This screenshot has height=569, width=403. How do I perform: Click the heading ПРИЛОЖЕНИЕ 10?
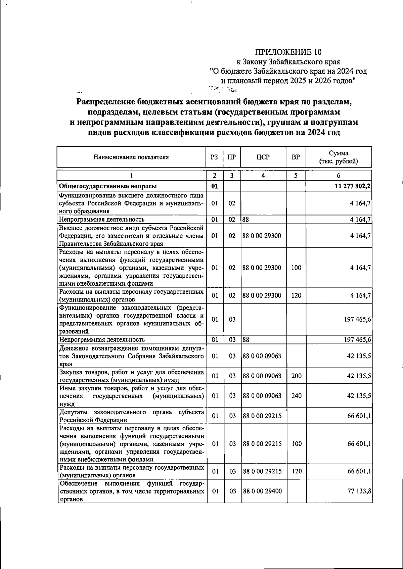(x=288, y=52)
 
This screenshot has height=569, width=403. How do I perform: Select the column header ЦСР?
(x=263, y=157)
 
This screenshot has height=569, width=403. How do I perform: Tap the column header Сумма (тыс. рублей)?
(x=338, y=157)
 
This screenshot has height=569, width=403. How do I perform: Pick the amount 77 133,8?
(x=359, y=491)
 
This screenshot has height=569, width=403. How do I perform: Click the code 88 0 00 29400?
(x=262, y=491)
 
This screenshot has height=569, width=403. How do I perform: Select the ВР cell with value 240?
(x=296, y=396)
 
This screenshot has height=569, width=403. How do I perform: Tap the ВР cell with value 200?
(x=296, y=376)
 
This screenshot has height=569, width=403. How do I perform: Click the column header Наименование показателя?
(x=131, y=157)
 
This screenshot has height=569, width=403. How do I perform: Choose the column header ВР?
(x=296, y=157)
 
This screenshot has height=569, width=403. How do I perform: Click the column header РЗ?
(x=214, y=157)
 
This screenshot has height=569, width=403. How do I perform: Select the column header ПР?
(x=232, y=157)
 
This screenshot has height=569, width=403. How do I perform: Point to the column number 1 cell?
(x=131, y=176)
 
